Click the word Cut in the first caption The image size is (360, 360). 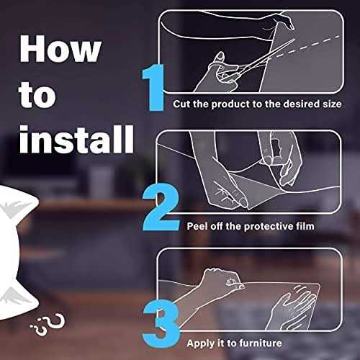pos(182,104)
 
